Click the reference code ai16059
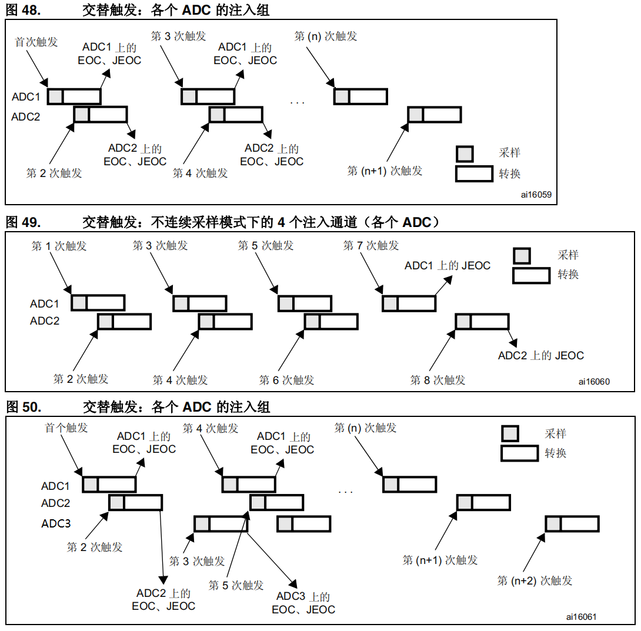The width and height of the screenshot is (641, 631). click(536, 193)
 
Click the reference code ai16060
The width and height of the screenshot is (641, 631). click(593, 381)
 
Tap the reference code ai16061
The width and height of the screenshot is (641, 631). click(581, 616)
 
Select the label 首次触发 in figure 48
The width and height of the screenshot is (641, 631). click(36, 42)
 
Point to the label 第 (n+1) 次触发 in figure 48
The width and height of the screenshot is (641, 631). click(385, 171)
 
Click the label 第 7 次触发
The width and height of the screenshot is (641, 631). click(371, 245)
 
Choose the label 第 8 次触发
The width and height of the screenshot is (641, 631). click(438, 380)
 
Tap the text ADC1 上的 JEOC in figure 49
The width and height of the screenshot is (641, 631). click(447, 266)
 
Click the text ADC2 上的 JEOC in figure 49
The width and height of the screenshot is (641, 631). click(540, 355)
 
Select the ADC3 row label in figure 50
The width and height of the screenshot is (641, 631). click(56, 523)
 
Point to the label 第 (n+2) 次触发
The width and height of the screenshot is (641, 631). click(535, 580)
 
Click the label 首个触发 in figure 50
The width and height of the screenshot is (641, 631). click(66, 428)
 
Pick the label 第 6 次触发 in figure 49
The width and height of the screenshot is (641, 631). click(286, 380)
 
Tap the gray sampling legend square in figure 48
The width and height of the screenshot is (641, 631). click(465, 153)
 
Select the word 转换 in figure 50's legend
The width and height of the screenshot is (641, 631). click(555, 453)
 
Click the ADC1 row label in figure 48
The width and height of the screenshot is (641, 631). click(26, 97)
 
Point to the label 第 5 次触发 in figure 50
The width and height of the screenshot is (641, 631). click(236, 585)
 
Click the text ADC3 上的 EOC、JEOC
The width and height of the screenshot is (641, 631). click(303, 603)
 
